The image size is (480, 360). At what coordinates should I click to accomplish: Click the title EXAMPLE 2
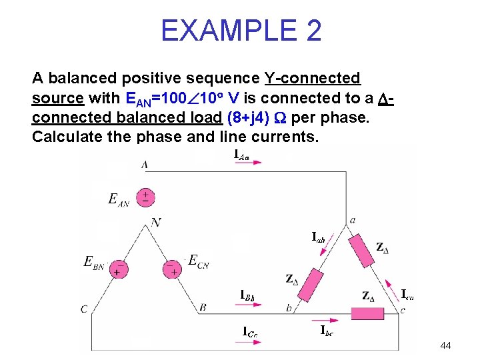coord(241,31)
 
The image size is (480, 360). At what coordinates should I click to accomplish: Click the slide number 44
coord(446,345)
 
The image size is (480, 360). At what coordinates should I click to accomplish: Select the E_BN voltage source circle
coord(119,269)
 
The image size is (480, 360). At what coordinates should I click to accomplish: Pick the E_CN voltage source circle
coord(173,269)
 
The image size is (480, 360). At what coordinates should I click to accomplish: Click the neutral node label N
coord(156,222)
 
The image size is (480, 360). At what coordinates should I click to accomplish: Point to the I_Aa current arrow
coord(251,161)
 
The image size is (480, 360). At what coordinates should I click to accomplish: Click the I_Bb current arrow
coord(251,305)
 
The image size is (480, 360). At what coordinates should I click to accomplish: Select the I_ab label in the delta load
coord(319,237)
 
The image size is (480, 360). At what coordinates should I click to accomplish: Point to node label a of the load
coord(353,219)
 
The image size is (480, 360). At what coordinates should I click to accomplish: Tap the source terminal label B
coord(202,307)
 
